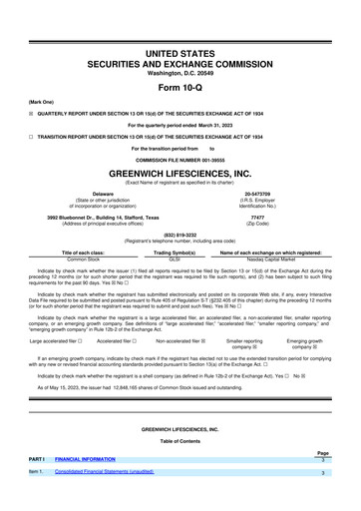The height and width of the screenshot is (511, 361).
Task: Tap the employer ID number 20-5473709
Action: pyautogui.click(x=257, y=194)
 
